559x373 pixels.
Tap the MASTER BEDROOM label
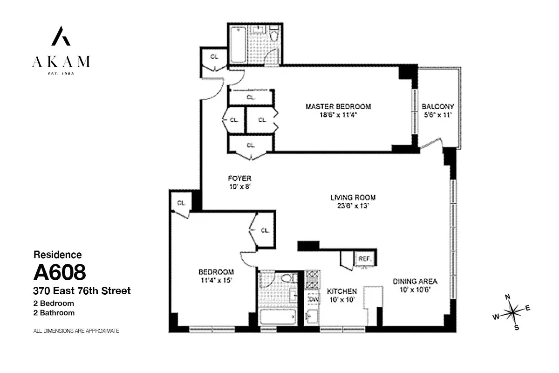coord(338,106)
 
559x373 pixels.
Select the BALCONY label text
coord(437,106)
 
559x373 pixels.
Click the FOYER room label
coord(239,179)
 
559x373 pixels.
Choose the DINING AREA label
coord(415,281)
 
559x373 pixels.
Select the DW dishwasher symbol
coord(313,299)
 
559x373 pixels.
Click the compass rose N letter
coord(508,297)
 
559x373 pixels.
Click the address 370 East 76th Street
coord(82,291)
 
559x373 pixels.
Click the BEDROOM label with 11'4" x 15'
coord(216,272)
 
